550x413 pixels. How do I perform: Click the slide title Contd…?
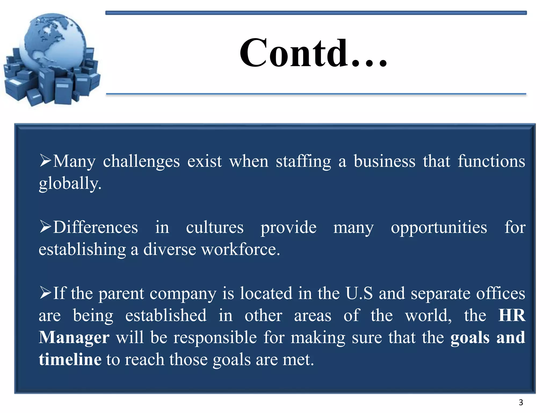tap(313, 53)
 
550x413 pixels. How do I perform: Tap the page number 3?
tap(521, 402)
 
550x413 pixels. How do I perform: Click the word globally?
tap(70, 184)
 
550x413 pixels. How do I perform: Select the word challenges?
tap(141, 162)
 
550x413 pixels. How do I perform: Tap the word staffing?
tap(303, 162)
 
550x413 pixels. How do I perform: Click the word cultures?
tap(215, 228)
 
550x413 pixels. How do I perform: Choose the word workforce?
tap(240, 250)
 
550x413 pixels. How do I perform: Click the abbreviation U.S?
tap(359, 293)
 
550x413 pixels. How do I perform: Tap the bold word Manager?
tap(74, 338)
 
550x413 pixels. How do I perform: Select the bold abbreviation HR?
tap(512, 315)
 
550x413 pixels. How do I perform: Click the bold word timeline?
tap(70, 359)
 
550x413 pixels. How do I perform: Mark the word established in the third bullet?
tap(166, 315)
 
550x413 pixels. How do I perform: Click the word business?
tap(384, 162)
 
